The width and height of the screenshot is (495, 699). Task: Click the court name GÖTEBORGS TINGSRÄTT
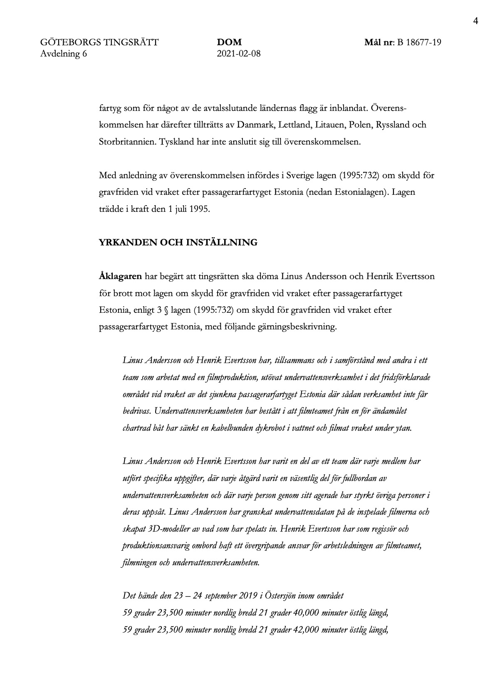click(x=99, y=42)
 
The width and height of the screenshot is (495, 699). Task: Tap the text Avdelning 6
click(x=64, y=54)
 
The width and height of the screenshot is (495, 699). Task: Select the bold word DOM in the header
click(x=229, y=42)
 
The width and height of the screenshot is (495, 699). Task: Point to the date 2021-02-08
click(x=239, y=54)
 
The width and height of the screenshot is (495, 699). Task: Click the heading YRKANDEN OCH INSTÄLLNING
click(x=178, y=243)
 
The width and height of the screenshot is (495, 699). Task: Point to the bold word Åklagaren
click(x=120, y=276)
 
